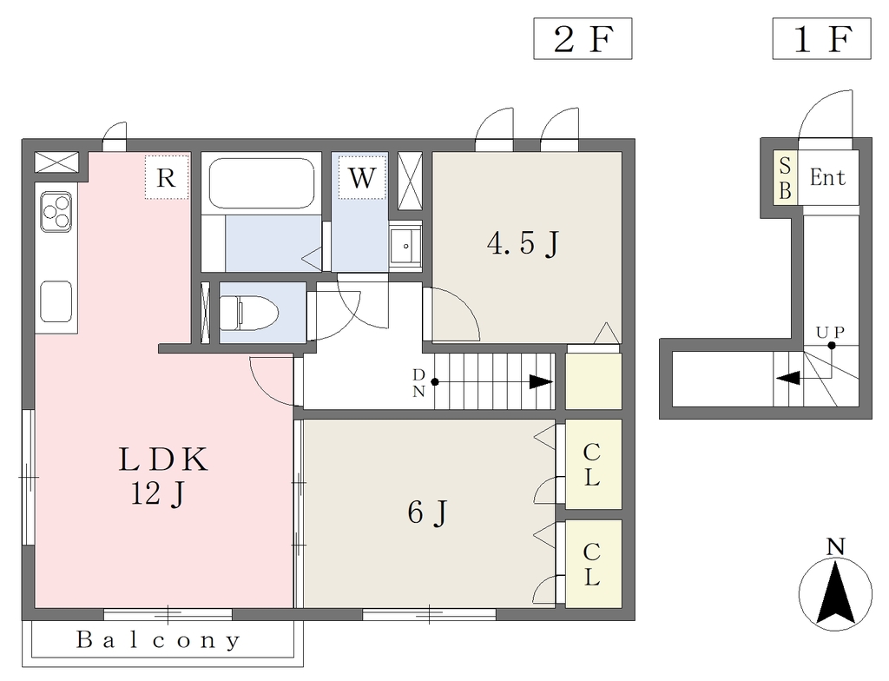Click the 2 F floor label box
point(583,38)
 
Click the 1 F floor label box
point(821,38)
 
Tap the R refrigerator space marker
point(166,177)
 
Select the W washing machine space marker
point(362,177)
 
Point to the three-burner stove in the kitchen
point(56,212)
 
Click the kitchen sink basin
point(56,301)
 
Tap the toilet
point(249,313)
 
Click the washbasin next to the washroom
point(406,245)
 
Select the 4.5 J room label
point(524,244)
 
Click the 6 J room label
point(427,513)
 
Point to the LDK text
point(163,460)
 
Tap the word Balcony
point(159,640)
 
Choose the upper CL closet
point(594,464)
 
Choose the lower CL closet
point(594,564)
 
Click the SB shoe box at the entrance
point(786,178)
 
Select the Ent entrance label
point(827,177)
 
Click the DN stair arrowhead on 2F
point(541,382)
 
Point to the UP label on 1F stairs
point(831,332)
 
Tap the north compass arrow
point(835,593)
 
